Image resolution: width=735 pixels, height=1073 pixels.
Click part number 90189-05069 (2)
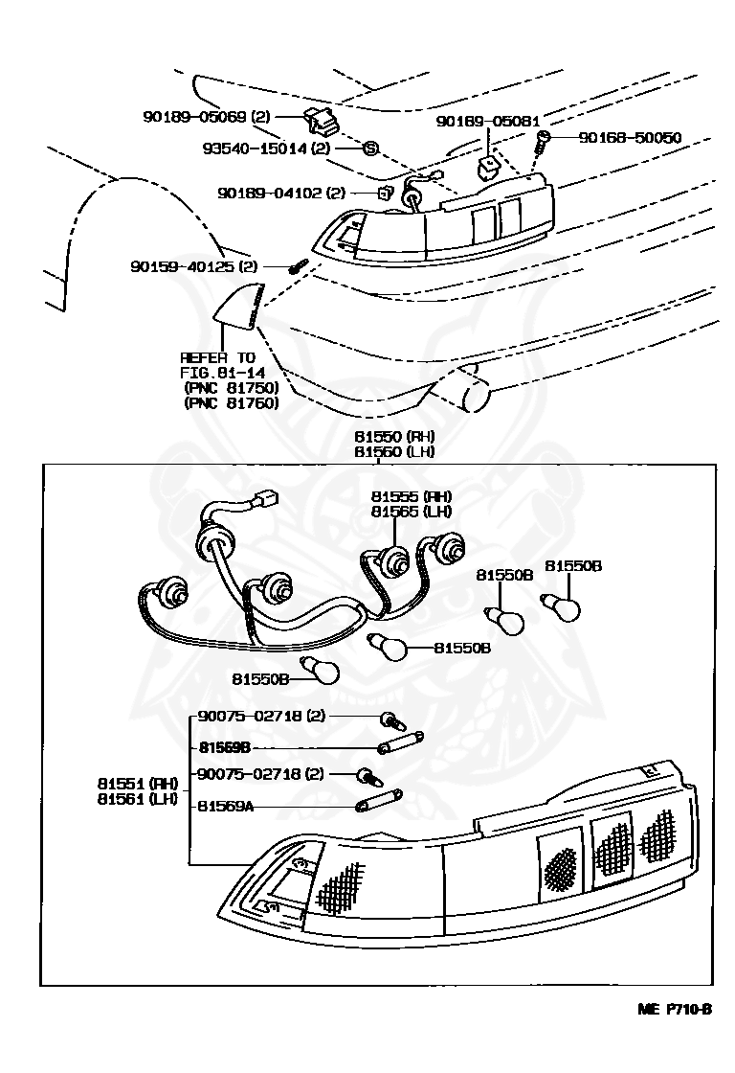[x=207, y=117]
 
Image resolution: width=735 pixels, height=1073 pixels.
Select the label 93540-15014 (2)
[x=266, y=148]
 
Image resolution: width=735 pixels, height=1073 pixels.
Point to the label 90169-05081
[x=487, y=122]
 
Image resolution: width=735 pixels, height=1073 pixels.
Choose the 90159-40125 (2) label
[x=194, y=266]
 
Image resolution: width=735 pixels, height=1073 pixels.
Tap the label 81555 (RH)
[x=412, y=496]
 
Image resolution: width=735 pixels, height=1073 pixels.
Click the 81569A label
[x=226, y=807]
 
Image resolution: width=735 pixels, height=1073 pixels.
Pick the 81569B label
[x=226, y=746]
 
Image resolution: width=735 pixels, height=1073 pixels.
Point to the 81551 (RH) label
[x=137, y=784]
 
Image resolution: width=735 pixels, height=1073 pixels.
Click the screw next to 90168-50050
[x=543, y=141]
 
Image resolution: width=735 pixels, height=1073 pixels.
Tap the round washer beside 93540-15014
[x=371, y=148]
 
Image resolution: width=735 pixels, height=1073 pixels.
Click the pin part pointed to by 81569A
[x=380, y=801]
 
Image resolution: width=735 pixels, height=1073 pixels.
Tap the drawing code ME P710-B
[x=676, y=1009]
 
